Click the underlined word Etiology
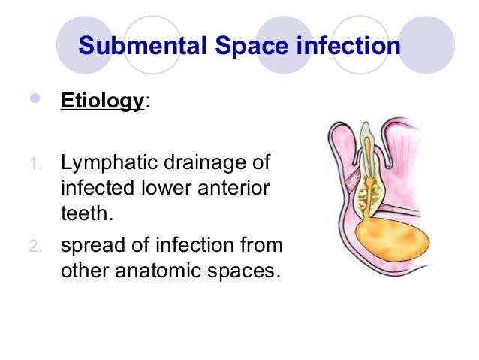pyautogui.click(x=101, y=101)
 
